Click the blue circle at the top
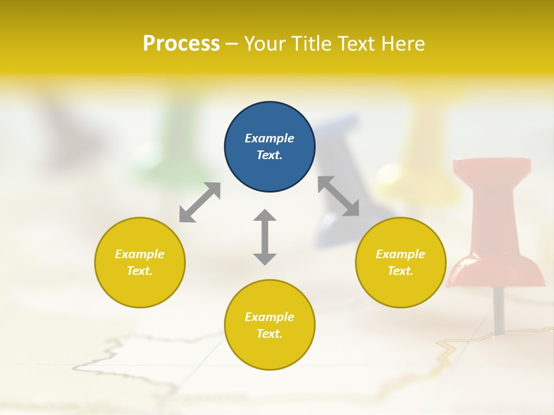269,147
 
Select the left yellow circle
140,262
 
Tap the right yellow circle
400,262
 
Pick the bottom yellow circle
269,325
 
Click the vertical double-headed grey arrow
265,237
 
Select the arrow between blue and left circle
200,202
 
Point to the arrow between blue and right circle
338,196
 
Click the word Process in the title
181,43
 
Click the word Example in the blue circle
269,138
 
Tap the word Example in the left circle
140,254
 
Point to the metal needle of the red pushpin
498,311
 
